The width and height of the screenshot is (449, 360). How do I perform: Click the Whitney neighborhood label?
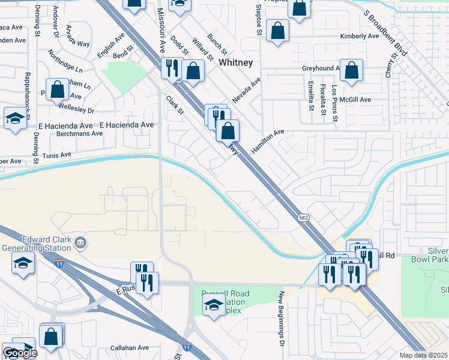click(235, 62)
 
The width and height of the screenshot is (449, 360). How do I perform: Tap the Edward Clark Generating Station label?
click(37, 242)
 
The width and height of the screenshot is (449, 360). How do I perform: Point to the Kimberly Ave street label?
click(359, 36)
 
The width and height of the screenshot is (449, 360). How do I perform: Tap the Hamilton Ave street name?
click(268, 141)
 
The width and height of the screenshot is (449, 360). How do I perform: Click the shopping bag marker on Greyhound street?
click(352, 70)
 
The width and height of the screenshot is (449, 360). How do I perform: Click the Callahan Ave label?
click(130, 347)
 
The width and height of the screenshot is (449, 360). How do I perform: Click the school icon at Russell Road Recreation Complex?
click(212, 305)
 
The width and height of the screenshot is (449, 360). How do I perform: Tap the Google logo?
click(19, 353)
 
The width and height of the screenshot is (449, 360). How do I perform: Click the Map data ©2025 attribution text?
click(423, 355)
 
